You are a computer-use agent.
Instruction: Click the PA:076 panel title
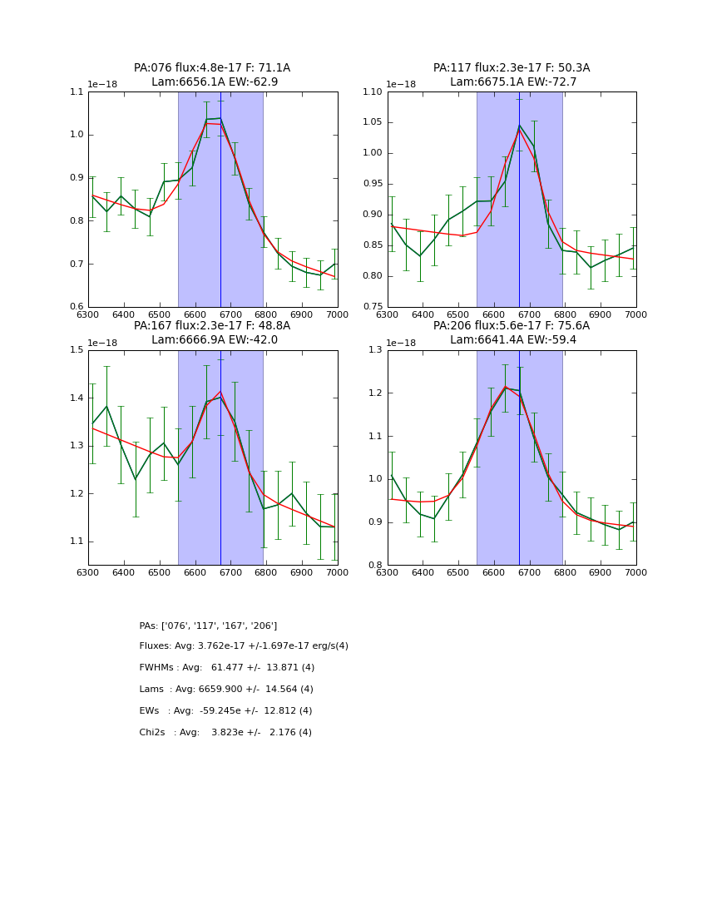tap(212, 68)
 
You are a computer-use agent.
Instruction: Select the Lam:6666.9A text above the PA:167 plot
tap(181, 340)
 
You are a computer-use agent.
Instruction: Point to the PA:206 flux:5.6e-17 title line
tap(512, 326)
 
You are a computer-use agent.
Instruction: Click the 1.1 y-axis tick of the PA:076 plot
tap(77, 92)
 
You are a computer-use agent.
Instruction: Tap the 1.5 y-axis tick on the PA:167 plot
tap(77, 350)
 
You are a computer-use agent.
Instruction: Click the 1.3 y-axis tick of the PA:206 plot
tap(376, 350)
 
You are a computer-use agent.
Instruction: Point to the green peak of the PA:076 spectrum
tap(220, 118)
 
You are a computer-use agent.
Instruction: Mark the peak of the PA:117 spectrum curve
tap(519, 126)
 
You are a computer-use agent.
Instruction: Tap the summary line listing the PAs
tap(208, 626)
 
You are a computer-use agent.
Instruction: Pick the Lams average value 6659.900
tap(231, 690)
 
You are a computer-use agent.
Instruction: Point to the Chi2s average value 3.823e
tap(229, 733)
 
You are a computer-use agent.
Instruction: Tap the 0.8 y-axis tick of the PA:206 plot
tap(376, 565)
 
